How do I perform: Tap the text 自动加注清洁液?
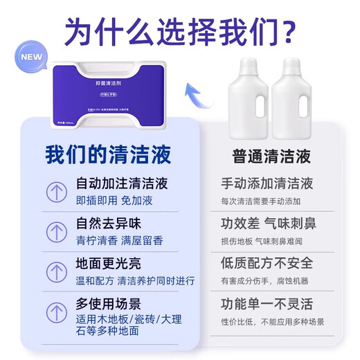122,184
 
